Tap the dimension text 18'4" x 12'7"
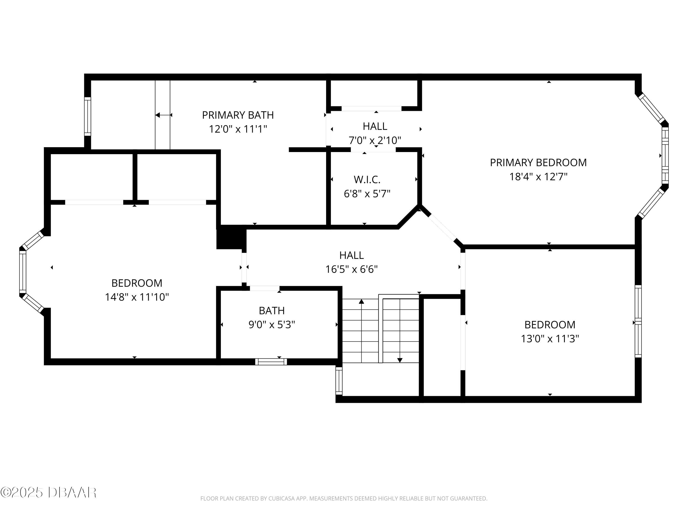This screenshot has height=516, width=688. click(x=538, y=177)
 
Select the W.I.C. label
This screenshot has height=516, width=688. click(x=367, y=180)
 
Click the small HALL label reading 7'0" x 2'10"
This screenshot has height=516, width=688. click(x=375, y=126)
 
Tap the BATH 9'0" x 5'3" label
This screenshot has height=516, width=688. click(x=272, y=317)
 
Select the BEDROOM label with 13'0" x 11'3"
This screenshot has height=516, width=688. click(x=549, y=325)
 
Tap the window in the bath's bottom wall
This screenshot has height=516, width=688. click(x=271, y=362)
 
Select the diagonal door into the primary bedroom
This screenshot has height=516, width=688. click(x=442, y=226)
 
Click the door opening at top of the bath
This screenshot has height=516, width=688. click(x=264, y=288)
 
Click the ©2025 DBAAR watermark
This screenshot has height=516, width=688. click(x=48, y=493)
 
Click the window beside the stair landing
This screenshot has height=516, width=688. click(x=339, y=381)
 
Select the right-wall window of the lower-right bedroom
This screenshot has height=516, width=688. click(x=638, y=321)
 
